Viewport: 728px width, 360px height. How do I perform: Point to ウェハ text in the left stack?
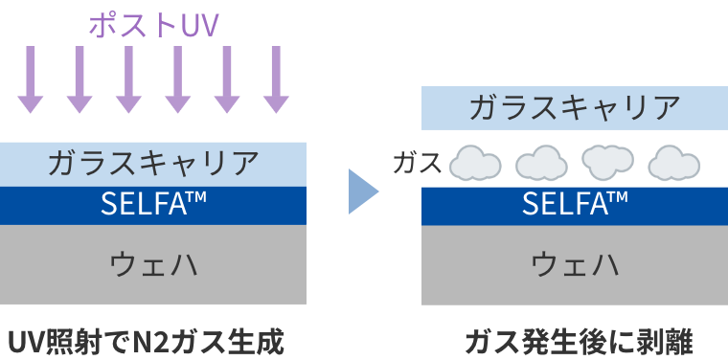(x=153, y=263)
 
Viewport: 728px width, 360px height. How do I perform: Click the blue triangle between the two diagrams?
(x=362, y=191)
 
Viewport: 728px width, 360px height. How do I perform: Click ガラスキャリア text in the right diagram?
(x=575, y=107)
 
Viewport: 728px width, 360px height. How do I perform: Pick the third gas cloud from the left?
(x=608, y=163)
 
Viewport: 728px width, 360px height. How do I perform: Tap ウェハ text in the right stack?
(x=575, y=263)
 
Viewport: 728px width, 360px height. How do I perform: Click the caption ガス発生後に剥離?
(x=578, y=340)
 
